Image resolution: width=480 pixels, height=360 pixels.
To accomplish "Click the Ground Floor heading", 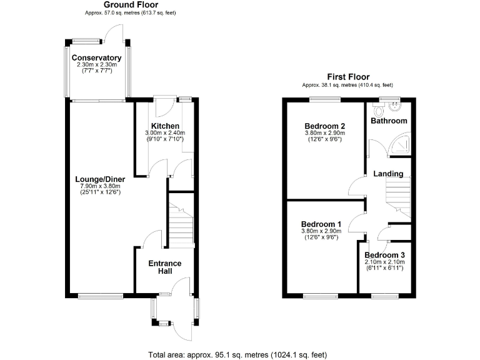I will (131, 5).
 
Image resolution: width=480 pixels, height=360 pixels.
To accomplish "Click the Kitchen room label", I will (166, 126).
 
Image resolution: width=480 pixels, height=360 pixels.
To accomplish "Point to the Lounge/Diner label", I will (100, 179).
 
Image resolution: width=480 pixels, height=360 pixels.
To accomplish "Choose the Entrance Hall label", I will (164, 267).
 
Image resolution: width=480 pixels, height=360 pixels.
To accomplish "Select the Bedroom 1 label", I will (321, 224).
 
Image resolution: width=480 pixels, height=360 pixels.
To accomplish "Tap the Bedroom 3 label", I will (384, 255).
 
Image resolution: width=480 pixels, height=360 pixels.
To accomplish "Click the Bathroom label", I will (389, 121).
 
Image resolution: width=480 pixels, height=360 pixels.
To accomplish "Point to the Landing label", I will (389, 174).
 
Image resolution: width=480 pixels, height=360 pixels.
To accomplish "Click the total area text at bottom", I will (237, 354).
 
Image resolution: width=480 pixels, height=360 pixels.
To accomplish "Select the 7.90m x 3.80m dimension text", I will (100, 186).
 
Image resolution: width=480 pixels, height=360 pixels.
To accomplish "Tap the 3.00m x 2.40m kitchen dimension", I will (166, 133).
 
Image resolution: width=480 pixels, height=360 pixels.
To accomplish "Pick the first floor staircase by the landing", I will (397, 197).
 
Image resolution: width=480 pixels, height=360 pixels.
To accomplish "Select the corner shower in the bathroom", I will (400, 145).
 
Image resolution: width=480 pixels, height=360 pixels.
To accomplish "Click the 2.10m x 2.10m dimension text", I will (384, 262).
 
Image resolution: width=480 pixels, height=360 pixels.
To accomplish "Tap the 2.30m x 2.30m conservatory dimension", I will (97, 65).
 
